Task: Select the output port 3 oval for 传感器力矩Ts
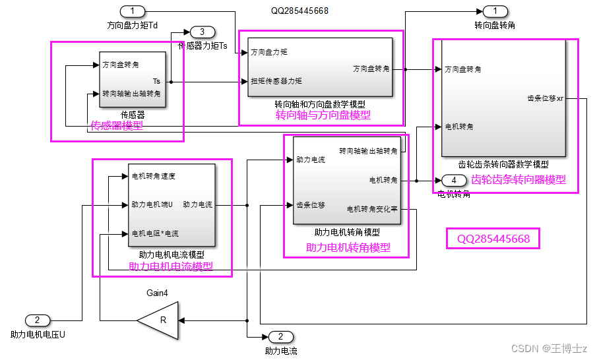coord(203,32)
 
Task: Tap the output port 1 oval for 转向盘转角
coord(495,11)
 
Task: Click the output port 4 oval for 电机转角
coord(454,181)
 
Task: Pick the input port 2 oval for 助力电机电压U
coord(38,320)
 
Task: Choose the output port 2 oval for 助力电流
coord(280,336)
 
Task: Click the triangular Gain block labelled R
coord(159,320)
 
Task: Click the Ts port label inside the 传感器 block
coord(156,81)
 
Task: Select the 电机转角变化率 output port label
coord(372,209)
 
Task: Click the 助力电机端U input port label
coord(152,204)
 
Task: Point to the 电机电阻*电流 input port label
coord(155,233)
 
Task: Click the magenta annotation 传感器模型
coord(117,125)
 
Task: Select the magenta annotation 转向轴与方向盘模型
coord(323,115)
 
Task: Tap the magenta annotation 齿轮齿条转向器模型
coord(518,179)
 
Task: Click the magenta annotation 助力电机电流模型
coord(171,266)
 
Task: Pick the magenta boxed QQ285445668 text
coord(493,239)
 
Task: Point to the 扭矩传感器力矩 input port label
coord(276,81)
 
